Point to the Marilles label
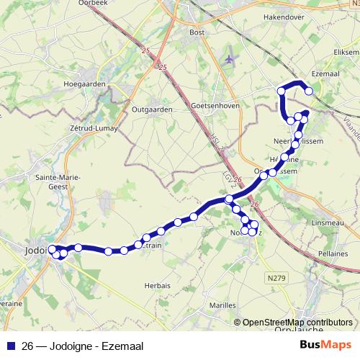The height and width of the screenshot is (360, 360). [x=222, y=305]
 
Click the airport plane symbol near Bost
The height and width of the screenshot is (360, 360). [x=229, y=58]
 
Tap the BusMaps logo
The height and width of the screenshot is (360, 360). [x=326, y=346]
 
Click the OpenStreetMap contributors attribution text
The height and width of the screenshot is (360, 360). [x=297, y=323]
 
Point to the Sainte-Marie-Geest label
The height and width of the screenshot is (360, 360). [x=51, y=181]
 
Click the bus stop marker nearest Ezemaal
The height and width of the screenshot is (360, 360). [x=309, y=91]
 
